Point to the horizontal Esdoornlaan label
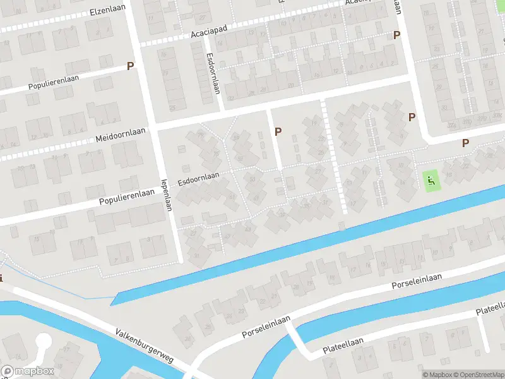198,179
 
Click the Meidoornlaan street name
121,135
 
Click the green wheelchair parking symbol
431,181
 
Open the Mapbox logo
27,371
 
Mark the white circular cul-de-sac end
43,342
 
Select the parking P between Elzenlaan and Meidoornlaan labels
131,66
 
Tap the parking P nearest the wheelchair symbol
466,143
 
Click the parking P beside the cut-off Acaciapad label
397,35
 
